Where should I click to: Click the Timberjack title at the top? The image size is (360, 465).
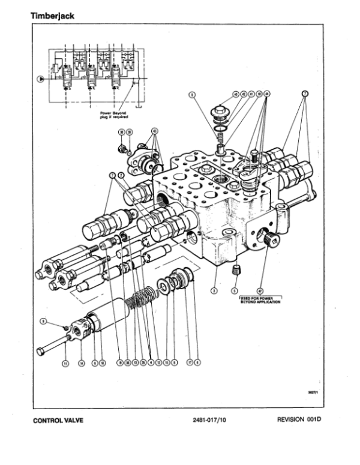tap(52, 16)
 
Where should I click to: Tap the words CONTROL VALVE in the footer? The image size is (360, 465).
tap(57, 420)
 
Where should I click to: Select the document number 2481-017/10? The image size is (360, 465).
tap(206, 420)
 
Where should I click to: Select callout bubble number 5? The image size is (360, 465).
tap(234, 290)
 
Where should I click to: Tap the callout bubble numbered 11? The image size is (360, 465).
tap(65, 362)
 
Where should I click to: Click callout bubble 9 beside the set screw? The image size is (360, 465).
tap(43, 322)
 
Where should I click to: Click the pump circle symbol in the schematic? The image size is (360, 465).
tap(41, 79)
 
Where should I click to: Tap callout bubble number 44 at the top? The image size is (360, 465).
tap(267, 94)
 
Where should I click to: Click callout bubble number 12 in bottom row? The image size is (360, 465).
tap(158, 362)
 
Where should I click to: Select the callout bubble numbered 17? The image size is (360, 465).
tap(189, 362)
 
